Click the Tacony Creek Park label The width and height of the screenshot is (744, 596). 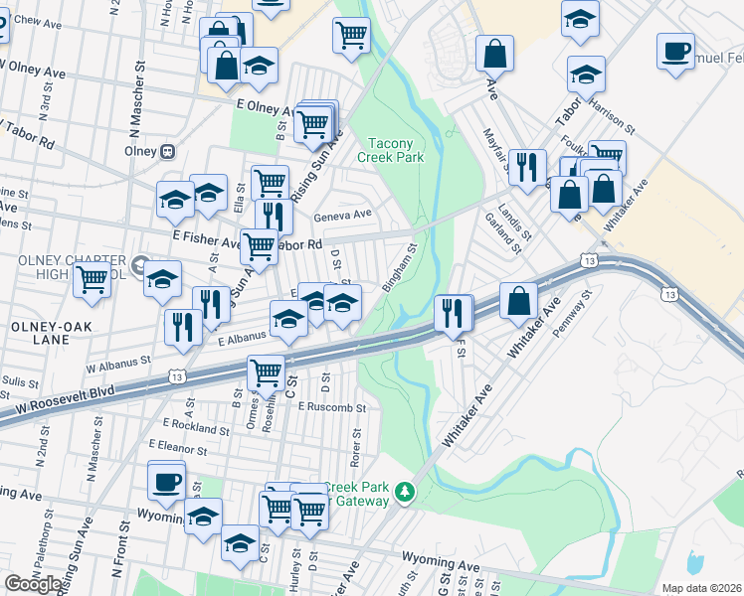(397, 150)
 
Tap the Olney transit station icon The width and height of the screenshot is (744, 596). (168, 151)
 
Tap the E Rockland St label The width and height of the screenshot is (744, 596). (188, 427)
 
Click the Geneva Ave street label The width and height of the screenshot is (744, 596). (342, 214)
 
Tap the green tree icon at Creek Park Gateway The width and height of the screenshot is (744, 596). (404, 493)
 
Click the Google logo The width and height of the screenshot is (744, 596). (33, 584)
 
